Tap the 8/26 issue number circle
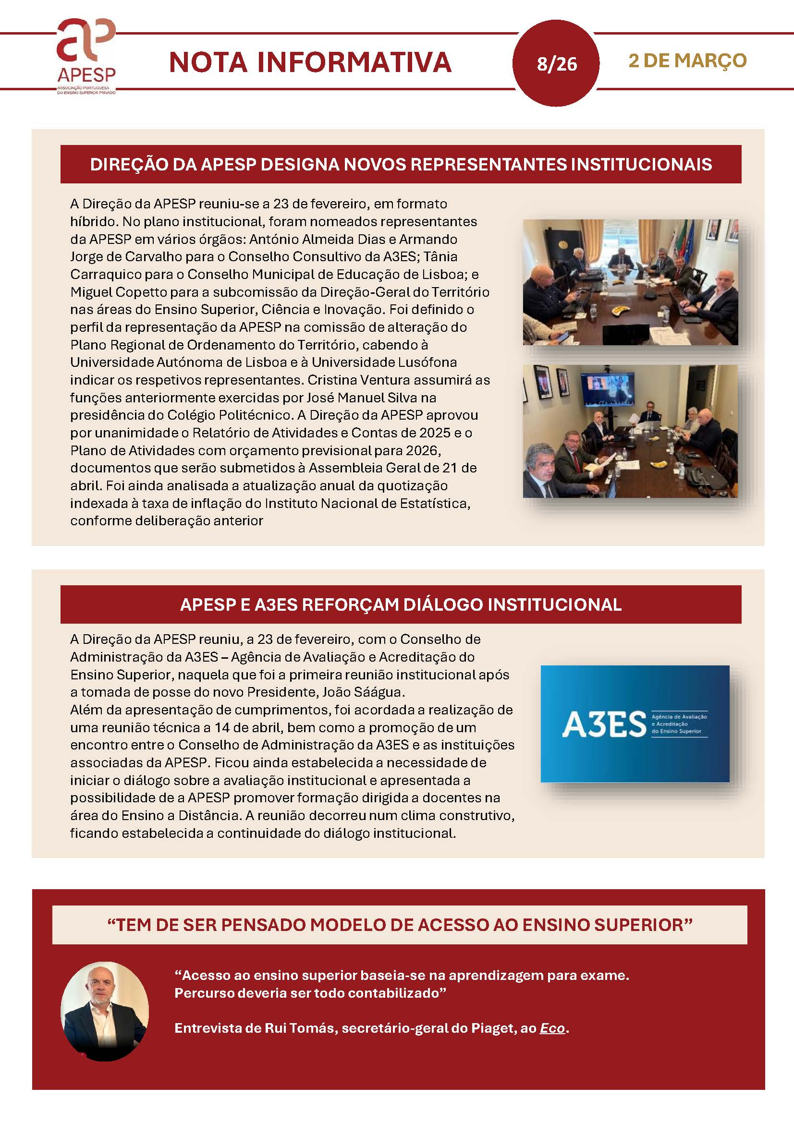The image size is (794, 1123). click(556, 63)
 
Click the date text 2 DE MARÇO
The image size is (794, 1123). click(687, 60)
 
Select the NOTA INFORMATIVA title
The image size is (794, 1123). click(310, 62)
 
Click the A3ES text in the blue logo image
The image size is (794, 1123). click(604, 725)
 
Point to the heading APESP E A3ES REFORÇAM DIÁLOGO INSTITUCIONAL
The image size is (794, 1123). click(401, 604)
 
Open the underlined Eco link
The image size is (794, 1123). click(552, 1028)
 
